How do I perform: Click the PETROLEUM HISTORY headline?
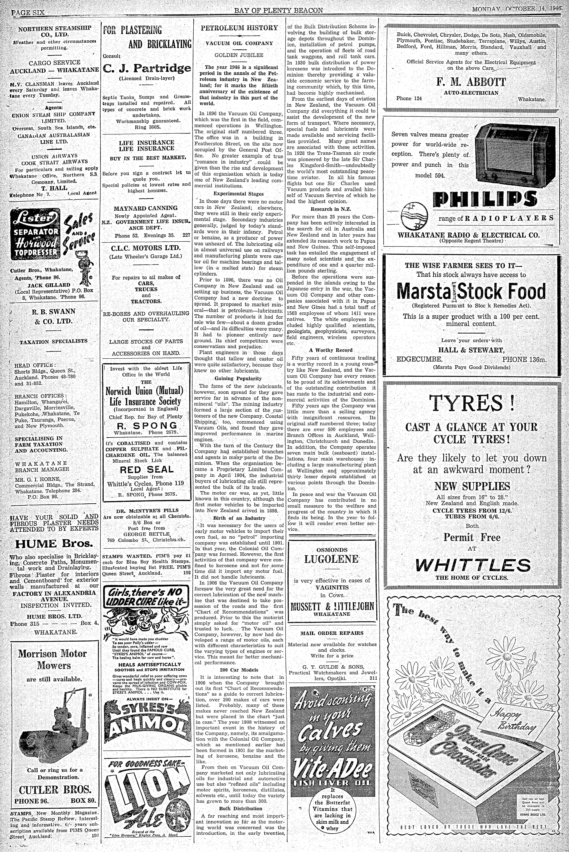pyautogui.click(x=240, y=28)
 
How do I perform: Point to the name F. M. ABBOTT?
pyautogui.click(x=471, y=82)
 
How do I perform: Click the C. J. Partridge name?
pyautogui.click(x=147, y=68)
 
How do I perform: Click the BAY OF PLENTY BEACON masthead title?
pyautogui.click(x=278, y=11)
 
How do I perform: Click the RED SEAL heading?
pyautogui.click(x=147, y=469)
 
